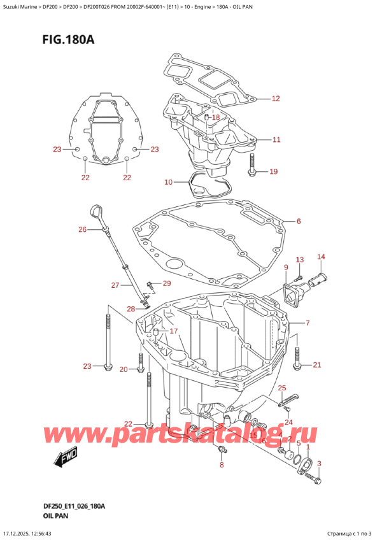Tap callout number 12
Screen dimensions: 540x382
tap(275, 98)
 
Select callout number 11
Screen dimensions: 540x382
tap(275, 139)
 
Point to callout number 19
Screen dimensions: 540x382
tap(273, 171)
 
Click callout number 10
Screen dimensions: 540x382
tap(168, 182)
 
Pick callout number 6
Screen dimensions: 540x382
tap(297, 222)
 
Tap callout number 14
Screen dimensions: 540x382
tap(321, 257)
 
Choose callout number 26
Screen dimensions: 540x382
tap(82, 229)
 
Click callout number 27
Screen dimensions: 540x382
tap(115, 285)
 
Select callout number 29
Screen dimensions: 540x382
tap(167, 283)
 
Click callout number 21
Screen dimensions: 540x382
tap(316, 364)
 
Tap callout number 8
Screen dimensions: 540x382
tap(222, 465)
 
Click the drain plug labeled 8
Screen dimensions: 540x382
tap(221, 451)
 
